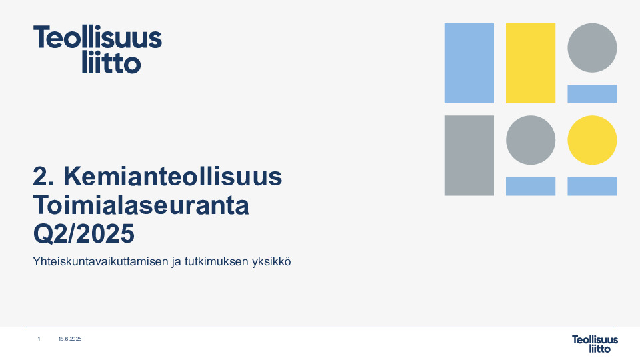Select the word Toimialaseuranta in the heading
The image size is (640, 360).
click(x=141, y=205)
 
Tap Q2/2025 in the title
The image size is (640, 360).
click(x=83, y=233)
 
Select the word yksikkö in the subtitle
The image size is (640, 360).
click(x=271, y=262)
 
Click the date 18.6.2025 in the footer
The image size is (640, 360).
click(x=69, y=339)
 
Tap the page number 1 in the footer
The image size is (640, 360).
click(x=39, y=339)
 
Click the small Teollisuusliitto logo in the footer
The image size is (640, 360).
click(x=595, y=343)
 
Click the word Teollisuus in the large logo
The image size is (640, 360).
click(x=98, y=38)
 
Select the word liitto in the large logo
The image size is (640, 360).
click(x=111, y=63)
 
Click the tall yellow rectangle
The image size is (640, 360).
click(x=531, y=63)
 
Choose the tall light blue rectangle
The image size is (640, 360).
click(x=469, y=63)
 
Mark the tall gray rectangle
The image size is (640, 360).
click(x=469, y=155)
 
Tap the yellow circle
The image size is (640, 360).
click(x=592, y=140)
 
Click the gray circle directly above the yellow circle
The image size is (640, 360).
click(x=592, y=48)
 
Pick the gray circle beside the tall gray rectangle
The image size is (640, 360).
click(x=531, y=140)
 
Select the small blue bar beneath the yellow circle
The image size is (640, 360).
click(x=592, y=186)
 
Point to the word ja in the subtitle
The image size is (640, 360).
click(x=177, y=262)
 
